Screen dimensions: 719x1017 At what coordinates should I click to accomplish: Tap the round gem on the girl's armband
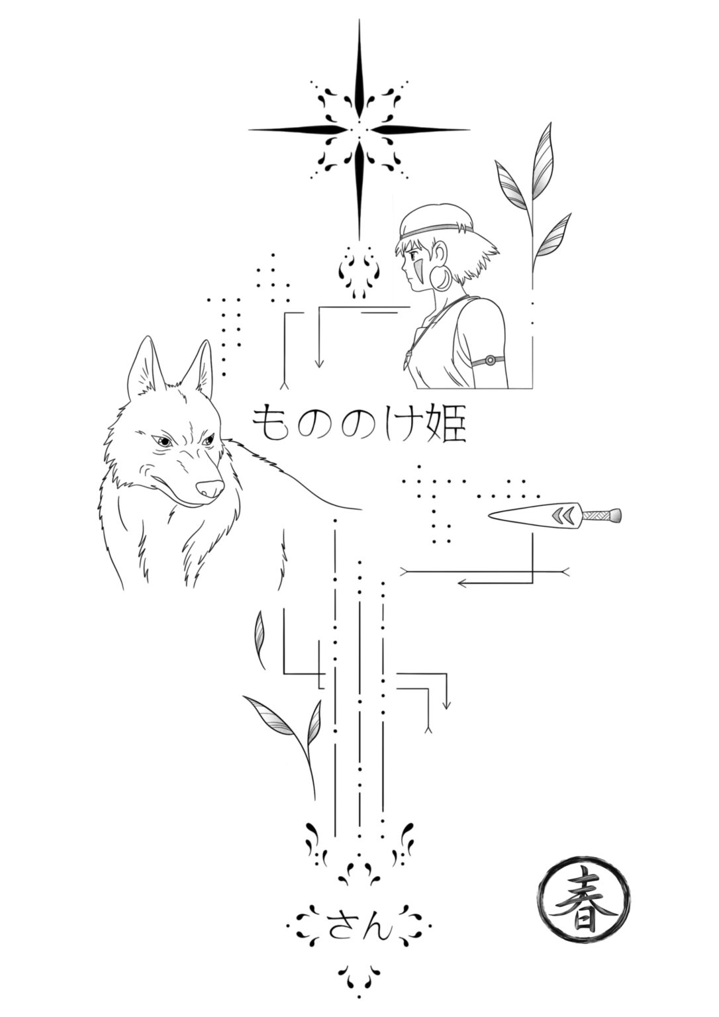(489, 361)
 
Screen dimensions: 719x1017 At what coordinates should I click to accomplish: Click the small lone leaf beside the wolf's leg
(260, 640)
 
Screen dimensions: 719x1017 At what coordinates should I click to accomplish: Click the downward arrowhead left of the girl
(320, 363)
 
